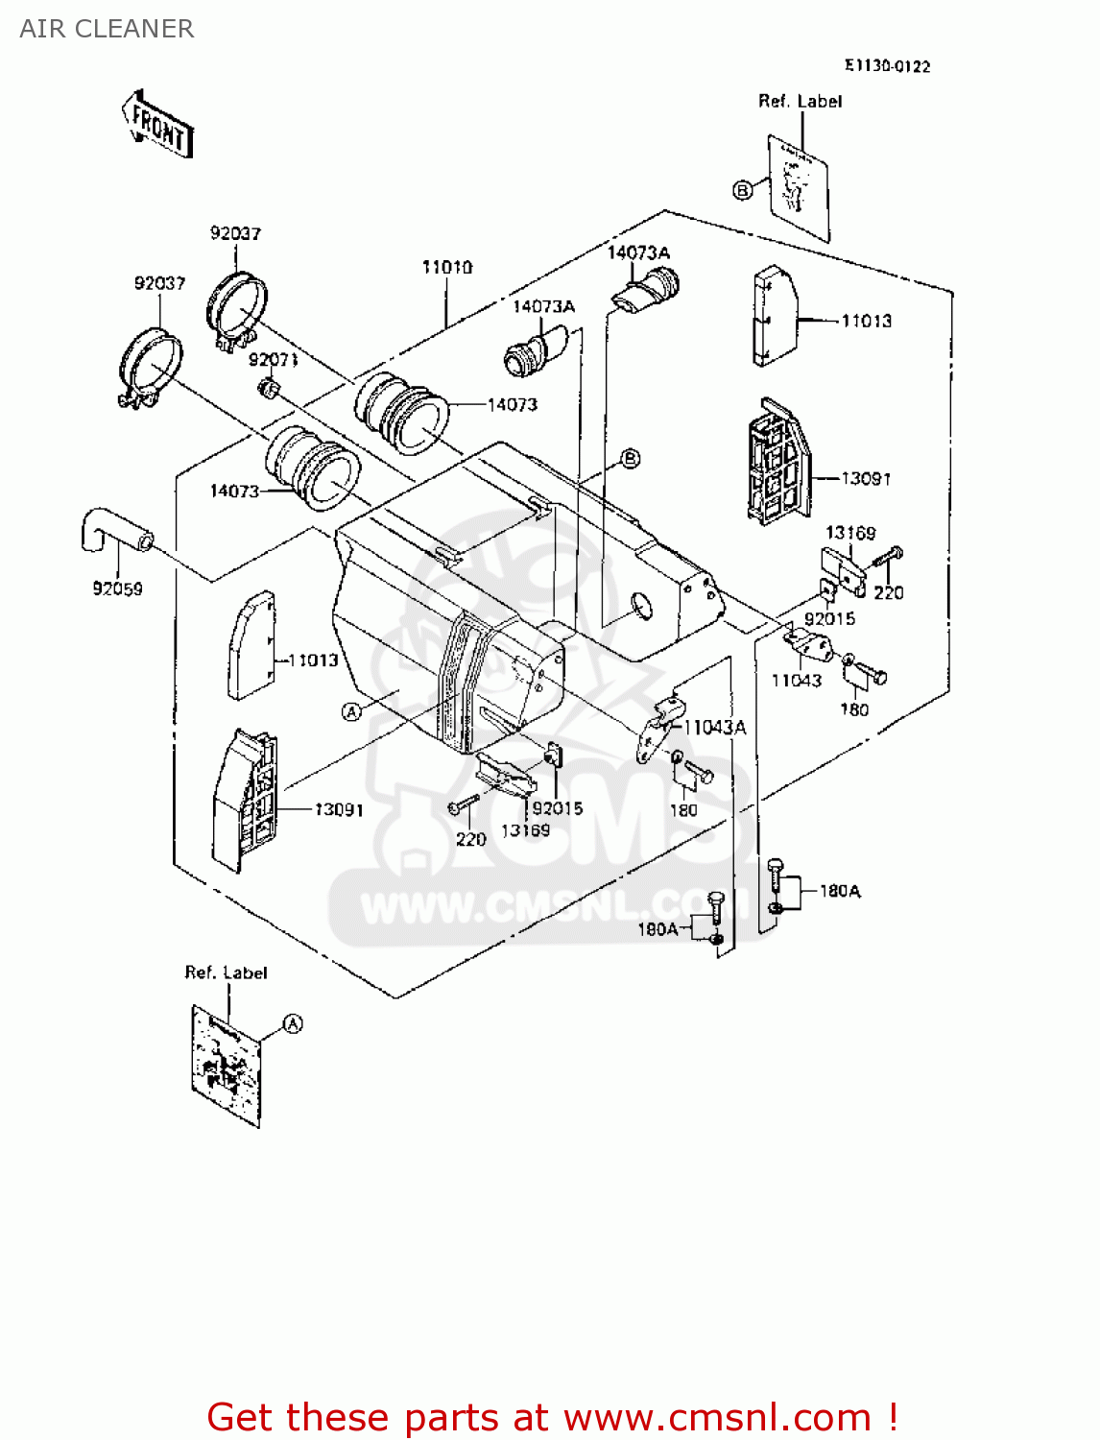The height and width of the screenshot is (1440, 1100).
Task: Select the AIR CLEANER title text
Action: click(x=107, y=29)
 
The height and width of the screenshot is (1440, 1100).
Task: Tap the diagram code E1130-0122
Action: click(x=887, y=65)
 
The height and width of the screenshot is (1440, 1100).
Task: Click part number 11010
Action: click(x=447, y=267)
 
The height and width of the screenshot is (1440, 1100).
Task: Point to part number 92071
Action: click(x=273, y=359)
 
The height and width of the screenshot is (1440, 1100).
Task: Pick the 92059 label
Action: click(x=117, y=588)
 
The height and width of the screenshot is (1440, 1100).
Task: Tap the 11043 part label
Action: click(x=797, y=680)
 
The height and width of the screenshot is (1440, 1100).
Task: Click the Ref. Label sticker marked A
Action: click(x=227, y=1064)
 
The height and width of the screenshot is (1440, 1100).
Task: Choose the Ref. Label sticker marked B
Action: click(x=799, y=186)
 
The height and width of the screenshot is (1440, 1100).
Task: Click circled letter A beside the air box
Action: click(x=352, y=710)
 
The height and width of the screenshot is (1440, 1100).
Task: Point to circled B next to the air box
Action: click(x=630, y=459)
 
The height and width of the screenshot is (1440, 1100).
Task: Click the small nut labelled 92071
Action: click(x=270, y=388)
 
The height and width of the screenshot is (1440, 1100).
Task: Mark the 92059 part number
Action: click(x=117, y=588)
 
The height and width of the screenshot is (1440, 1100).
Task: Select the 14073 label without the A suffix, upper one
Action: click(x=513, y=404)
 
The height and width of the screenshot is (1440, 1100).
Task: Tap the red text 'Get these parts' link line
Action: click(x=552, y=1417)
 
